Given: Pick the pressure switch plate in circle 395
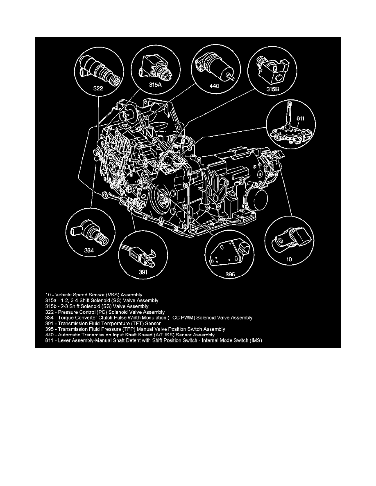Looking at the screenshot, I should click(228, 255).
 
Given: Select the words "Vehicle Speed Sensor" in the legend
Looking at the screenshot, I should click(76, 294).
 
